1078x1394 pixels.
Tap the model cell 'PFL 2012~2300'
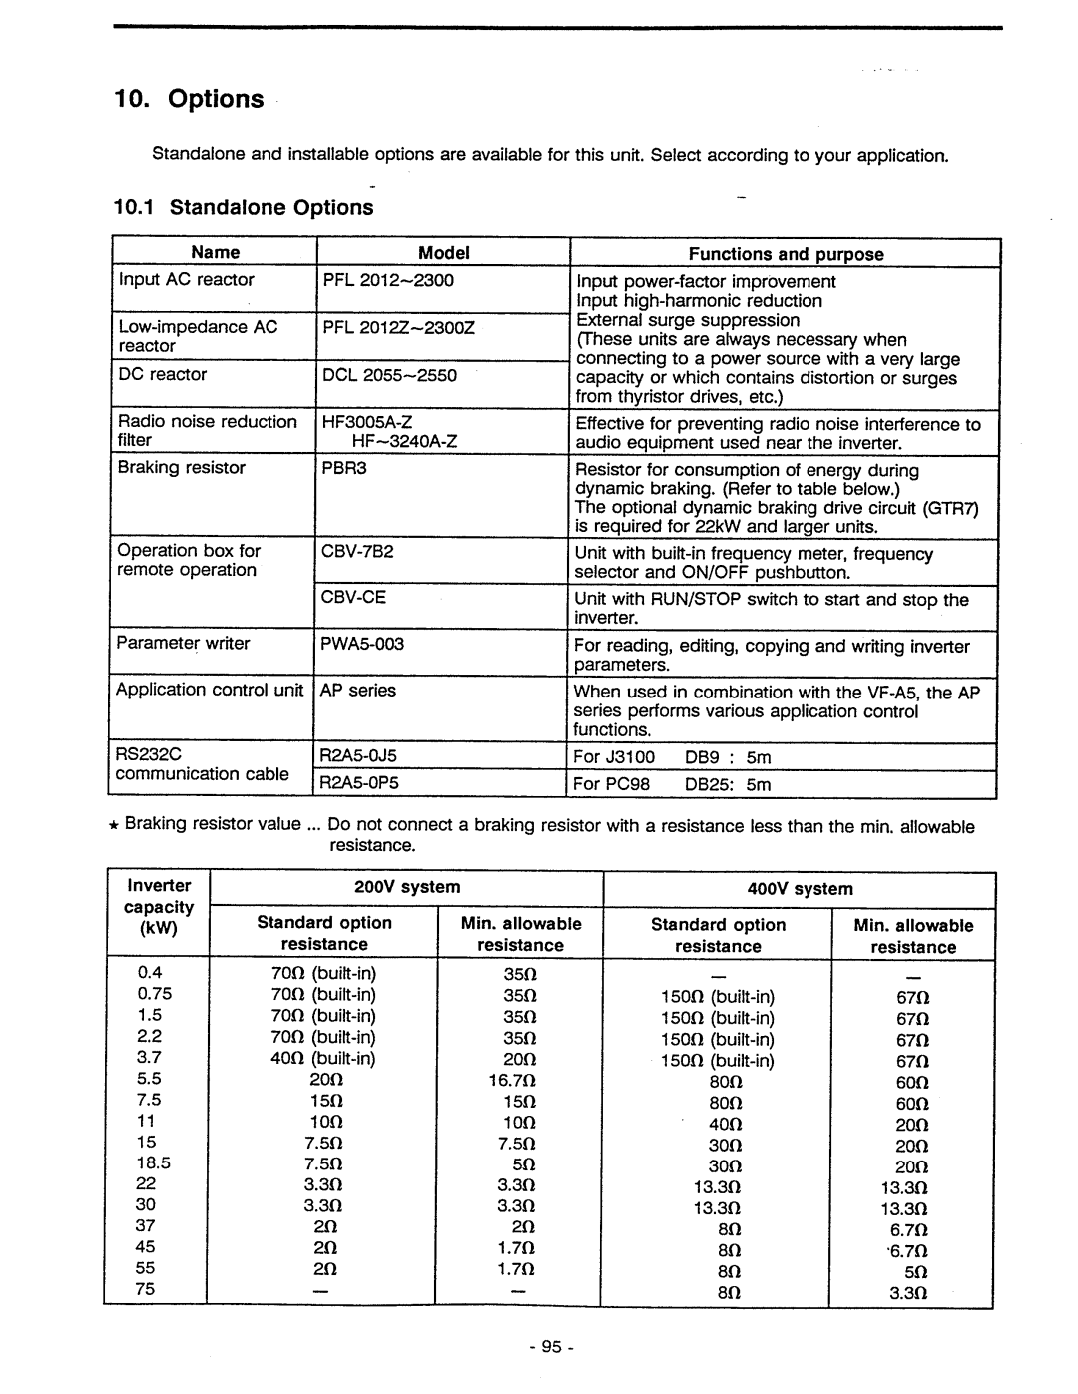388,280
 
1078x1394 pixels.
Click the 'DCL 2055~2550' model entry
389,375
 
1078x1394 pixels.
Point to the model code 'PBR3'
344,468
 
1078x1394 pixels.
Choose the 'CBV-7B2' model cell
357,551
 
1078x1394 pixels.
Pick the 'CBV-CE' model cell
353,597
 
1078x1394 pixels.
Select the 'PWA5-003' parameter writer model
362,644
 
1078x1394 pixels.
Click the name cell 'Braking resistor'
181,468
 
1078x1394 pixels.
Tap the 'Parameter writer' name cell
183,644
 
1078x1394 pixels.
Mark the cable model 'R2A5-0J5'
358,756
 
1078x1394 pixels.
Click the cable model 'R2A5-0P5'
359,783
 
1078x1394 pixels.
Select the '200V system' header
407,887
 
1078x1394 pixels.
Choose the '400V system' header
800,889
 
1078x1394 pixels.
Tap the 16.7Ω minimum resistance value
512,1080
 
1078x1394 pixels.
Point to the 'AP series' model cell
358,691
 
